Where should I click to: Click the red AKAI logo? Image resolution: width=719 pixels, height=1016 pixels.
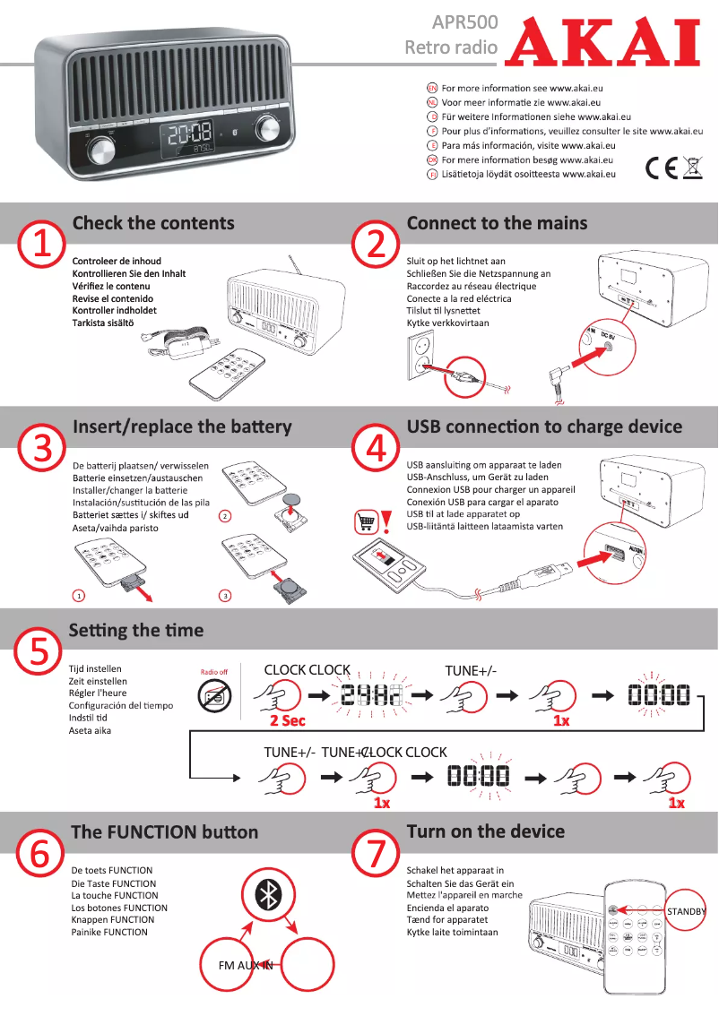pos(602,42)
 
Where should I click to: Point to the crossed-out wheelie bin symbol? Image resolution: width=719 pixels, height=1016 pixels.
pos(692,168)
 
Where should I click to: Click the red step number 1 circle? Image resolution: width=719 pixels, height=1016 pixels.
pos(41,244)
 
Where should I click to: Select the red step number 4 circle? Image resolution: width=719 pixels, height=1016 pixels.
pos(376,447)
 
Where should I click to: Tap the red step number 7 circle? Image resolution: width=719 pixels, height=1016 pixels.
pos(376,853)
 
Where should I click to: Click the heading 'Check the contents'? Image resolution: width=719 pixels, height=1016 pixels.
pos(152,223)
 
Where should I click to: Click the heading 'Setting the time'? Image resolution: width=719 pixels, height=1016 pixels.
pos(136,630)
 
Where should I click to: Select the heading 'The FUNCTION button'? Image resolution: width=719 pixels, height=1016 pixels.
pos(164,831)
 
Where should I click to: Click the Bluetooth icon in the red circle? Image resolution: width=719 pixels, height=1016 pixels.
pos(266,893)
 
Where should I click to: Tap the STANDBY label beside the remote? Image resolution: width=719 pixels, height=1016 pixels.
pos(686,911)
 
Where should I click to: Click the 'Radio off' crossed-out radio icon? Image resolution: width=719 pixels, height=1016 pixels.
pos(214,695)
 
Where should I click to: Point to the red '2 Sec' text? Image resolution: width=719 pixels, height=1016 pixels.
pos(288,720)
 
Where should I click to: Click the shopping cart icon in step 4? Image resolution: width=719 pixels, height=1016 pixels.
pos(366,521)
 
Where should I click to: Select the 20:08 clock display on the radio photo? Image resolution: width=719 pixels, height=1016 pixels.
pos(189,134)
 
